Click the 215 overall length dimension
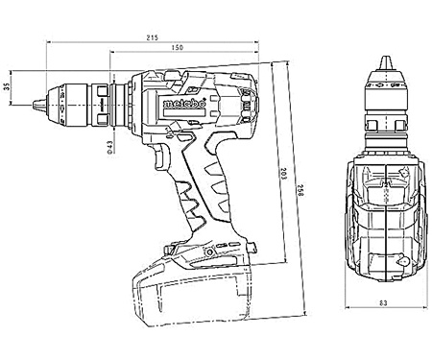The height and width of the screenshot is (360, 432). (152, 36)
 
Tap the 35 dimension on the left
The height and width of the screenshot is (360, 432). (8, 87)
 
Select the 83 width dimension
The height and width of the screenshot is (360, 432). (383, 305)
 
